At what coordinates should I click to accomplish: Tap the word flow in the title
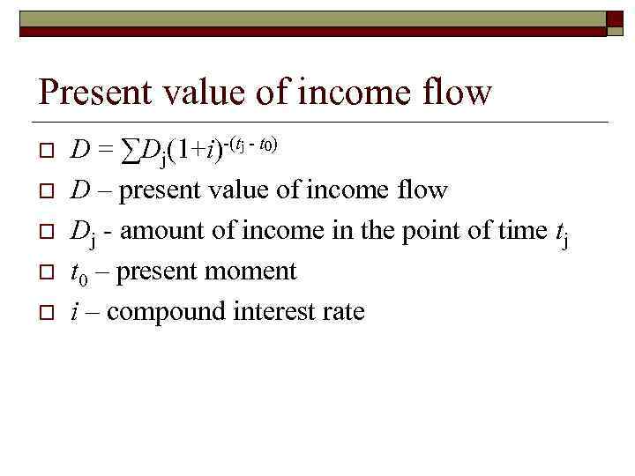point(456,92)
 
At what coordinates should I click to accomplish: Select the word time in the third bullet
point(516,231)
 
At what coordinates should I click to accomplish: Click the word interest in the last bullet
point(265,311)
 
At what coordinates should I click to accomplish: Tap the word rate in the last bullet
point(340,311)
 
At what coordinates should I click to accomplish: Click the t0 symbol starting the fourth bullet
point(78,272)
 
